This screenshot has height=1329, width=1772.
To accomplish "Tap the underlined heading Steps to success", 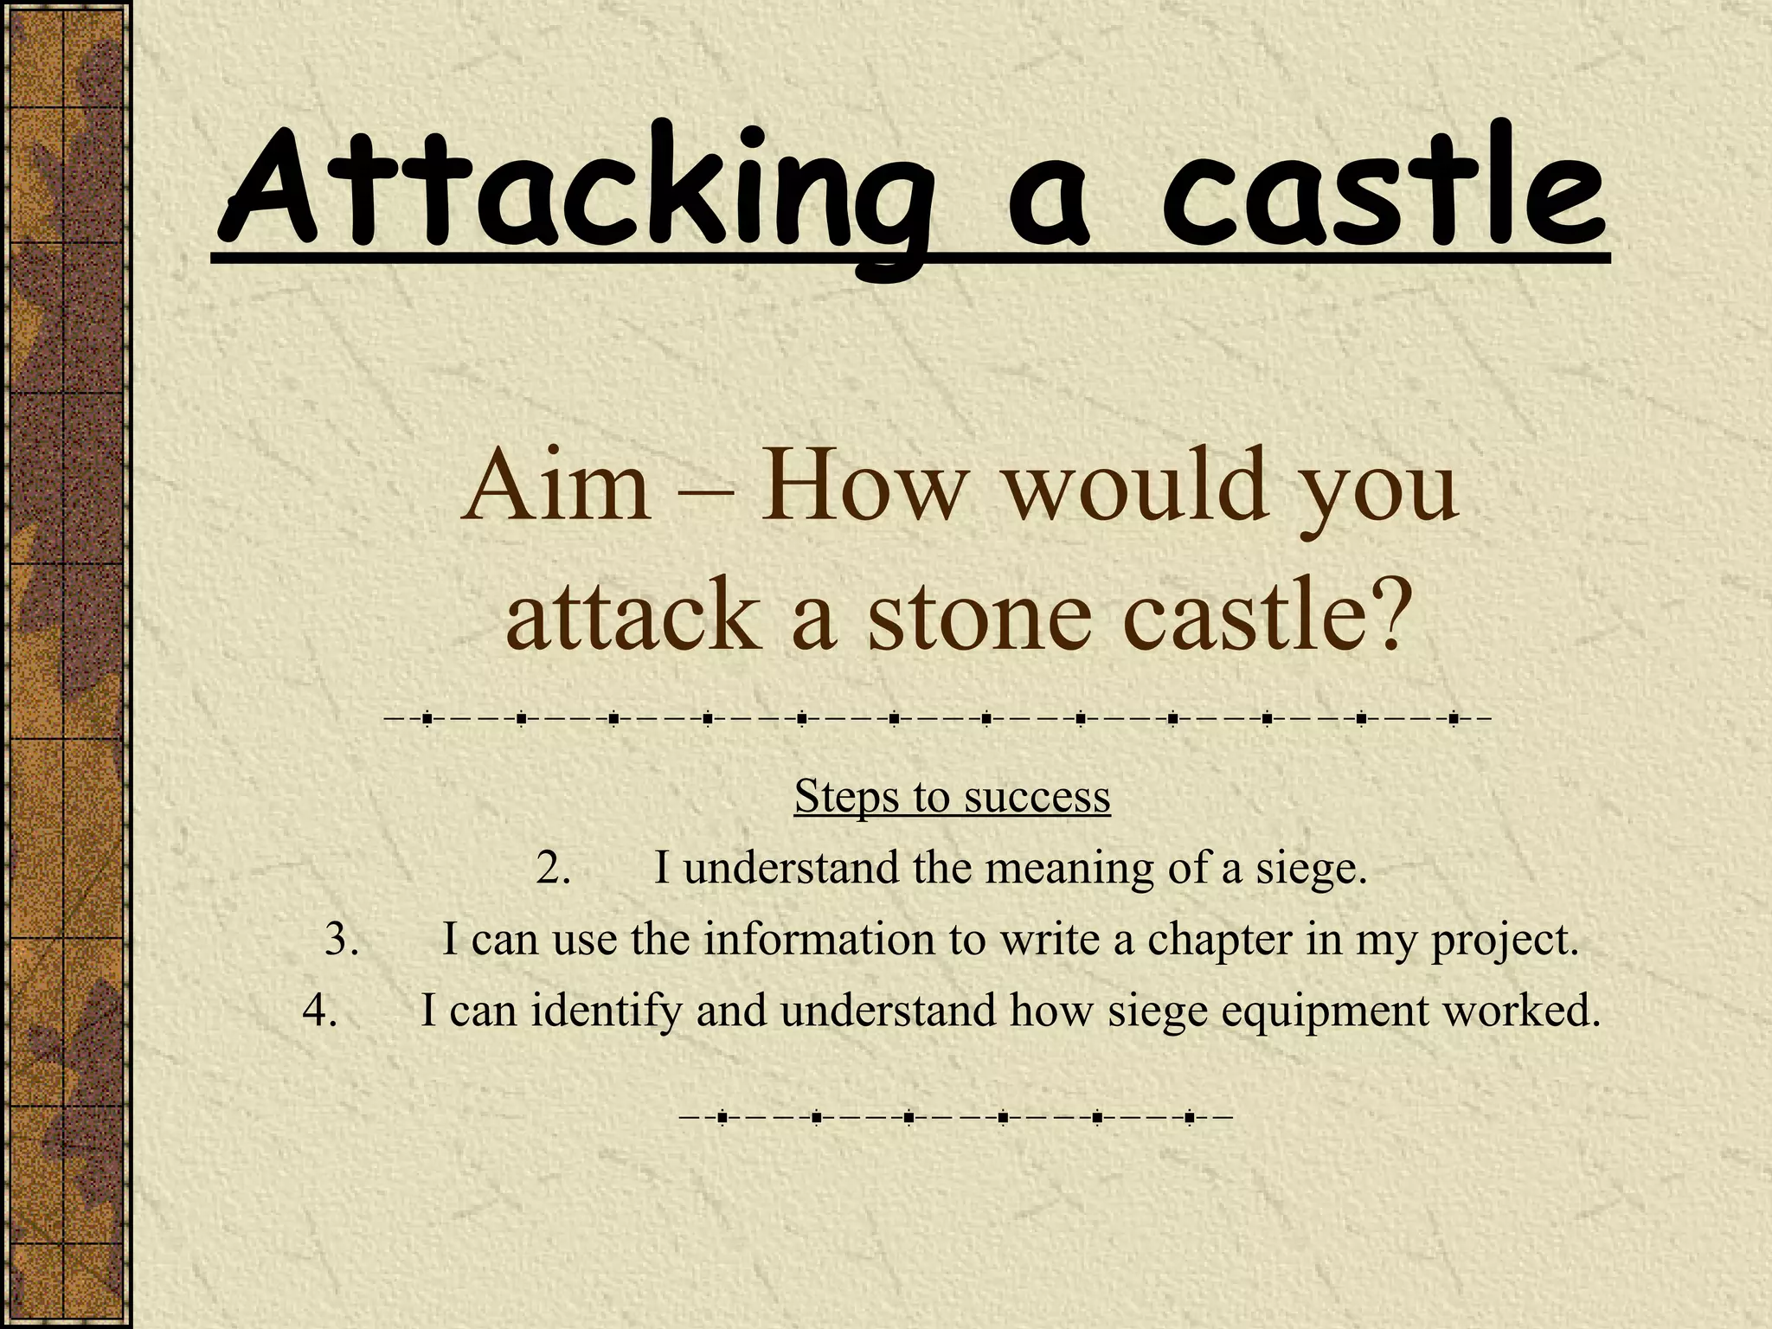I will click(x=952, y=796).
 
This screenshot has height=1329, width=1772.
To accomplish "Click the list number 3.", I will click(x=342, y=940).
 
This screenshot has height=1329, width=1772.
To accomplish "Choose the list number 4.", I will click(x=319, y=1011).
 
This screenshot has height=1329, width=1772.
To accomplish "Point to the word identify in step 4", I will click(x=607, y=1011).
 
